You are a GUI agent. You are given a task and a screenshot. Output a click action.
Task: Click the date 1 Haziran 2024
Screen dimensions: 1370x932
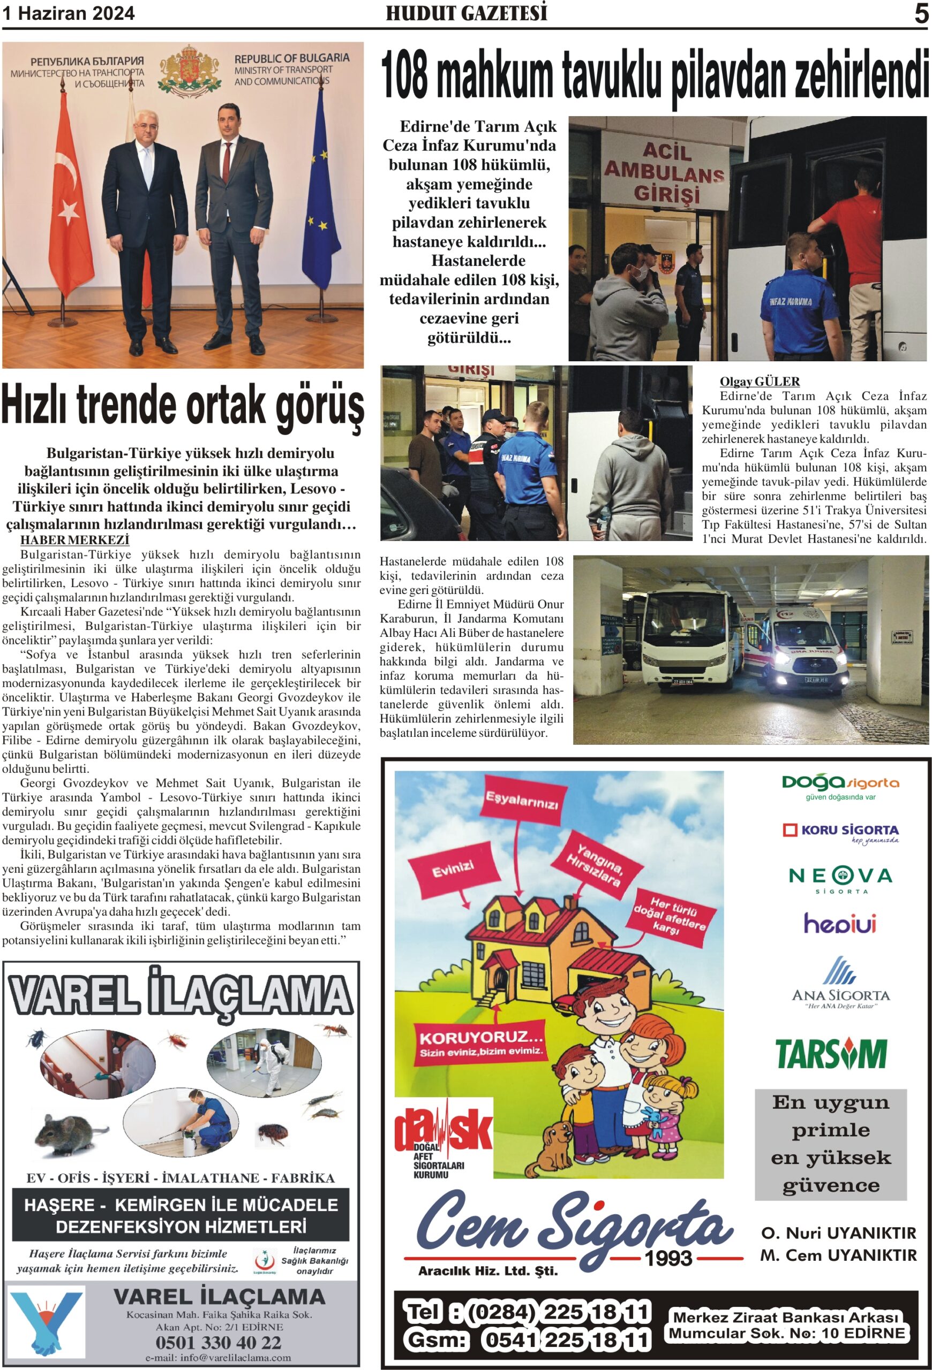tap(69, 13)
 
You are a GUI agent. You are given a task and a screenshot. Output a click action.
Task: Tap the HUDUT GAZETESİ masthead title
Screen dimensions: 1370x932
tap(466, 13)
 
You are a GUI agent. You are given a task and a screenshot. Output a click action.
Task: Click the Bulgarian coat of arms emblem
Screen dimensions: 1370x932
tap(190, 70)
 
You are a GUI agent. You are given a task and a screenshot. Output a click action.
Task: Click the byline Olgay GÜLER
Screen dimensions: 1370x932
tap(759, 382)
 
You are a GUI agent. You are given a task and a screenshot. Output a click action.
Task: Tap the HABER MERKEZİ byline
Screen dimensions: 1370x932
tap(75, 539)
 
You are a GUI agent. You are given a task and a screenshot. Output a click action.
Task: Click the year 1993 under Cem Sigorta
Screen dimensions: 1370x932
tap(668, 1259)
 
